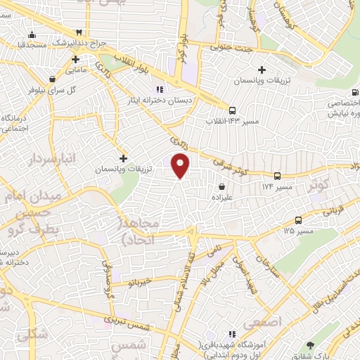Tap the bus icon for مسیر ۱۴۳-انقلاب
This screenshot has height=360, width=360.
(x=231, y=110)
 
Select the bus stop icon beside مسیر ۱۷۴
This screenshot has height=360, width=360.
(x=277, y=176)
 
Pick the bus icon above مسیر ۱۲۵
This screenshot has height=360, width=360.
(x=299, y=219)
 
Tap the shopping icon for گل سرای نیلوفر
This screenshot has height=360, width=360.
(x=53, y=79)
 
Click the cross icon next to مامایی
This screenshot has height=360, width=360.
(x=74, y=59)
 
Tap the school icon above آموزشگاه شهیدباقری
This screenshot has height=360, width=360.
(x=231, y=334)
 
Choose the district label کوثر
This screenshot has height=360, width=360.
(x=321, y=186)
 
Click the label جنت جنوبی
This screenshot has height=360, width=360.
(x=233, y=47)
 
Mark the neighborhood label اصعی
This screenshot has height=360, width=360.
(x=264, y=321)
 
